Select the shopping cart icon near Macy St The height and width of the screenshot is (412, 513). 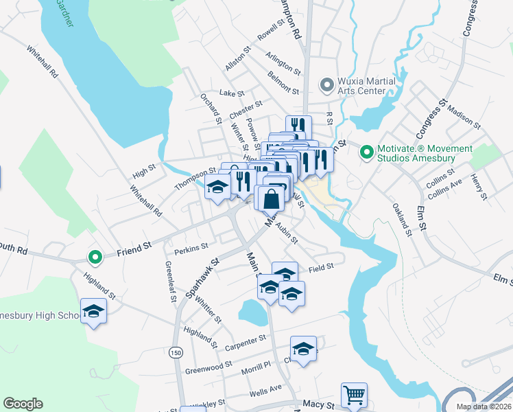(x=354, y=395)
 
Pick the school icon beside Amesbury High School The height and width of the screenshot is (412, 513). (x=93, y=312)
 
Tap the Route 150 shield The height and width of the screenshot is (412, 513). (x=176, y=352)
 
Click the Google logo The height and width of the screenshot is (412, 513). (x=23, y=404)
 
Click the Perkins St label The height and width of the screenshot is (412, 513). (x=191, y=247)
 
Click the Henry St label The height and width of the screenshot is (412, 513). (x=477, y=187)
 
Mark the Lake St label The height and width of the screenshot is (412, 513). (x=231, y=93)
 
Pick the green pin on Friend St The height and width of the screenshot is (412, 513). (x=95, y=257)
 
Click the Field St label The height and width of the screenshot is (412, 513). (x=320, y=266)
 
